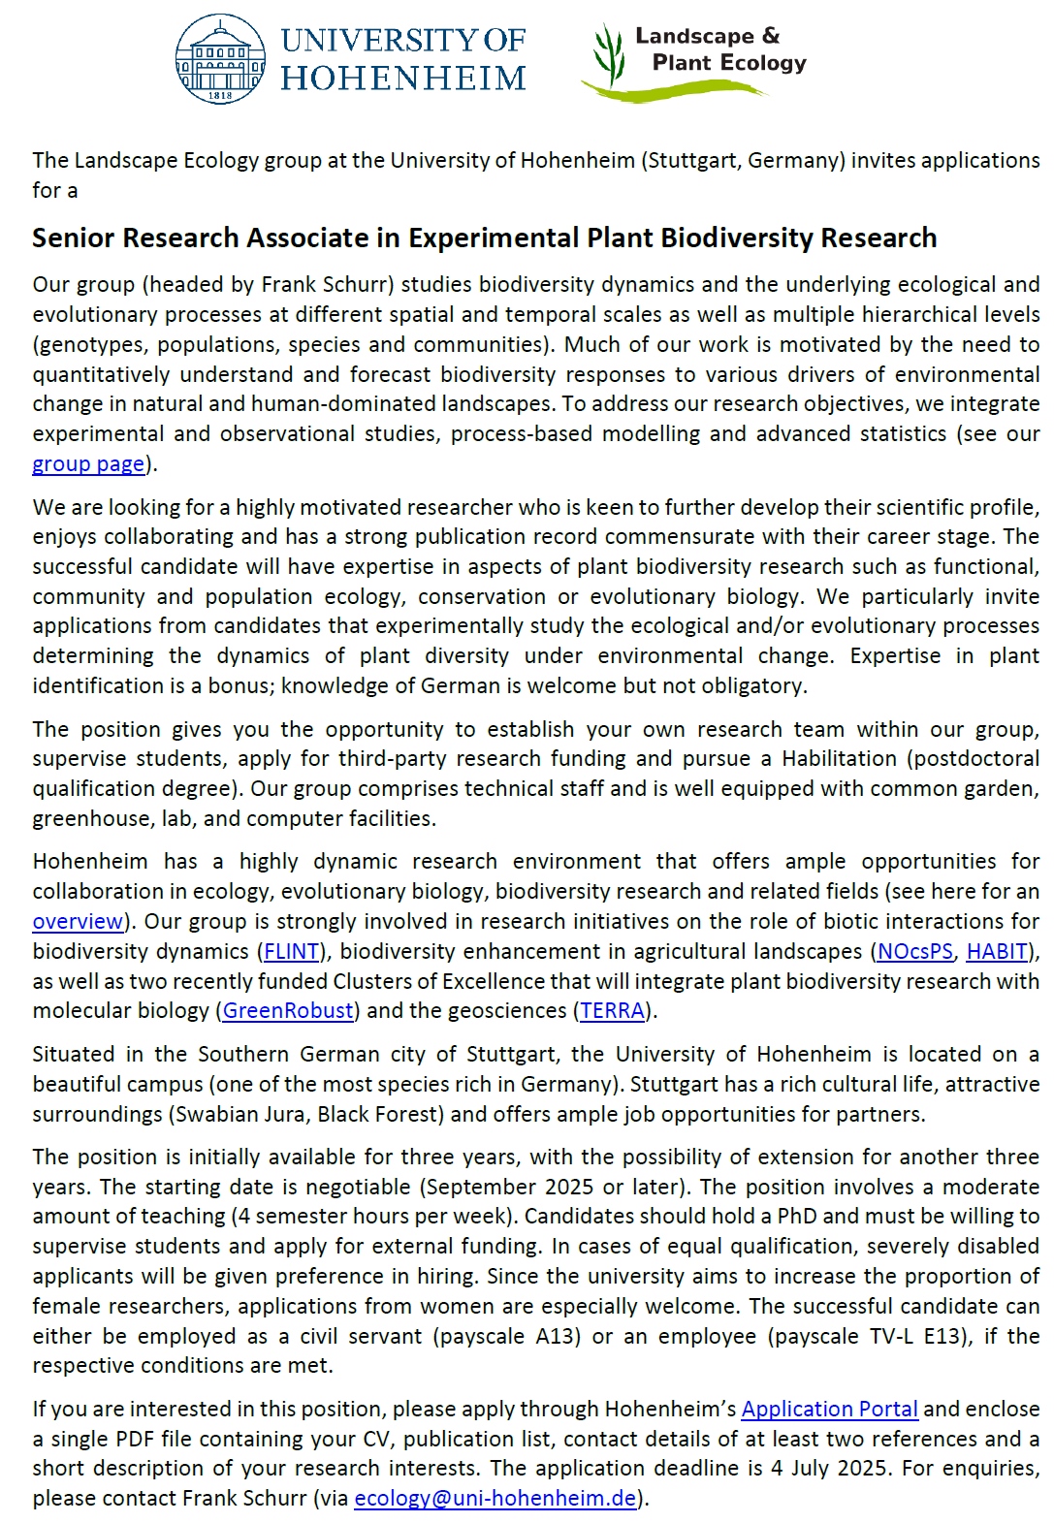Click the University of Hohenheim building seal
(x=220, y=59)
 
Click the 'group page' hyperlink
(x=88, y=463)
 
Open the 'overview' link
(x=78, y=921)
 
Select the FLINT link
(x=291, y=951)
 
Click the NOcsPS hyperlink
(x=914, y=951)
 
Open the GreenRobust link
(x=288, y=1010)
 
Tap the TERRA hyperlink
(x=612, y=1010)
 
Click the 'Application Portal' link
(x=829, y=1409)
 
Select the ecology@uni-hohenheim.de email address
(x=495, y=1498)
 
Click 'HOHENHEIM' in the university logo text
(x=402, y=78)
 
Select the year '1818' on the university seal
(x=220, y=96)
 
